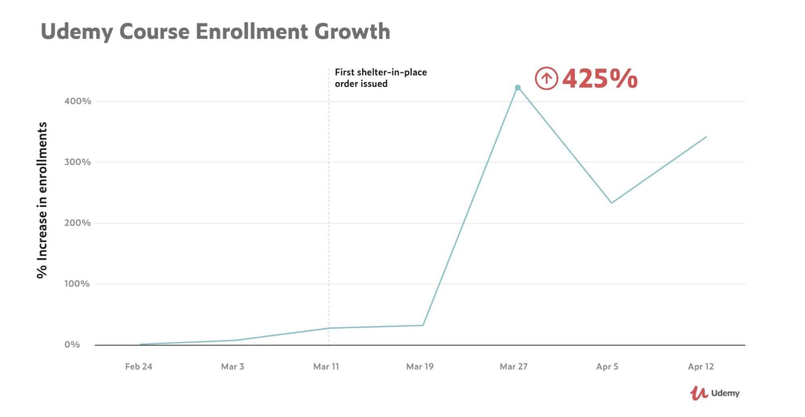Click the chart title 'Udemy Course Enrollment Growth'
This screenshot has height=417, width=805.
[215, 31]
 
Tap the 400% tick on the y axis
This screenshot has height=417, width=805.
[78, 101]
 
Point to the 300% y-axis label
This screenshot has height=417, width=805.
[78, 162]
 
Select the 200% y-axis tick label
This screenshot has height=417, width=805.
[78, 223]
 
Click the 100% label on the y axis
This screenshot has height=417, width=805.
[77, 284]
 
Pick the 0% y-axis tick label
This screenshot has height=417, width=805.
[72, 345]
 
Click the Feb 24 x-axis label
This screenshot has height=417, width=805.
[139, 367]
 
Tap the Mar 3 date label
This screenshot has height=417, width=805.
[232, 367]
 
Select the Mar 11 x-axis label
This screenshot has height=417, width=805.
[326, 367]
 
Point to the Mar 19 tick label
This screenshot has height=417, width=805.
[420, 367]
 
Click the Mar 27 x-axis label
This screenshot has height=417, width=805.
[513, 367]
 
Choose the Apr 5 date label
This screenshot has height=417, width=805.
[607, 367]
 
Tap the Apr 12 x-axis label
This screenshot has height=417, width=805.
[701, 367]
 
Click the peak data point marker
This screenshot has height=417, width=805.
[518, 88]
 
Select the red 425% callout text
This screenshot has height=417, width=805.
[600, 79]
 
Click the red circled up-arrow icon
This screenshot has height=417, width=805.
[546, 79]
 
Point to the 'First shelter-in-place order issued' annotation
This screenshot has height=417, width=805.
[381, 78]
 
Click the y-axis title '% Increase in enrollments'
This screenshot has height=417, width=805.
[42, 200]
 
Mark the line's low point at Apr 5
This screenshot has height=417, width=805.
[611, 203]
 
